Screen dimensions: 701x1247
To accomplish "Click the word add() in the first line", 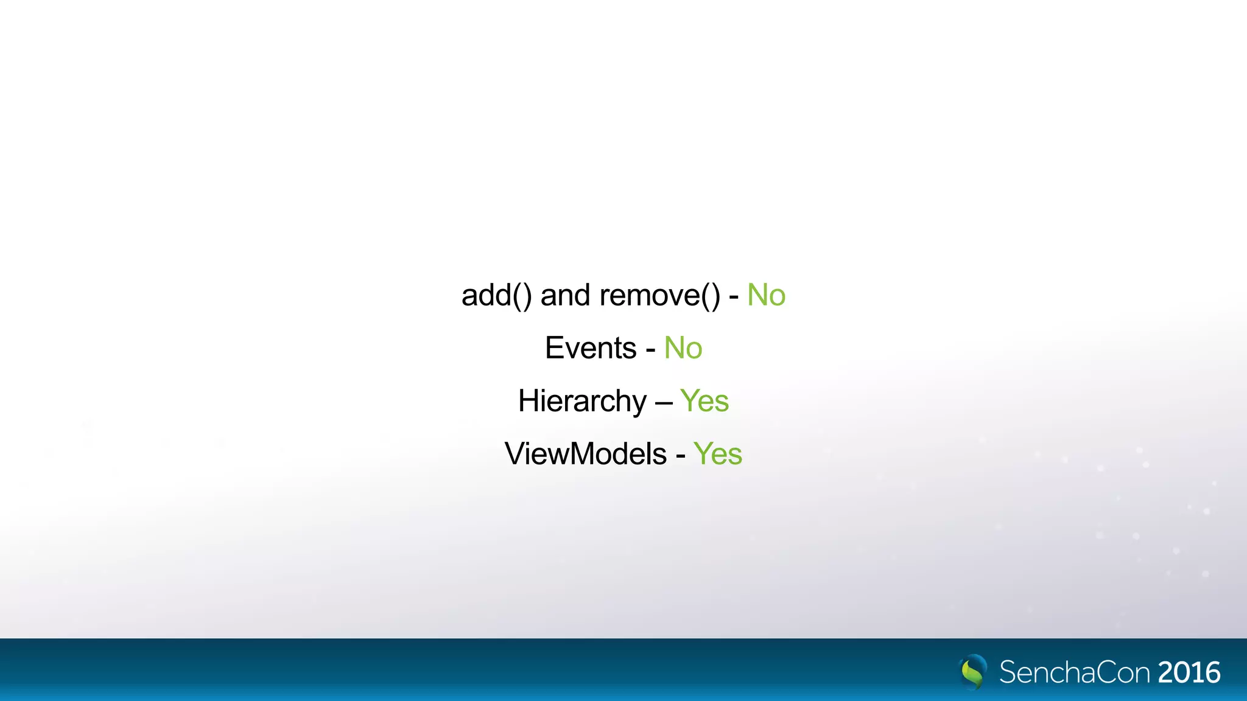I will (x=496, y=296).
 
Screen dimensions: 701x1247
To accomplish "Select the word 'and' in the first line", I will (x=565, y=296).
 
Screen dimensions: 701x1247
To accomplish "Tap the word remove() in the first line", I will (x=659, y=296).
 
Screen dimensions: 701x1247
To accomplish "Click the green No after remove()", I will (x=766, y=296).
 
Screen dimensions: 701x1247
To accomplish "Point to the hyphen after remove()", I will (x=734, y=298).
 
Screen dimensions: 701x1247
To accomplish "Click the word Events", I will (x=591, y=349).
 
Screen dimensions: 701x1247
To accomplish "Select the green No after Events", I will (x=683, y=349).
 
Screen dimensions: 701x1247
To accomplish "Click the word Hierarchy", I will (x=582, y=402).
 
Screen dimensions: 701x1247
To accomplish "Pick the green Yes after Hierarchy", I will (x=704, y=402).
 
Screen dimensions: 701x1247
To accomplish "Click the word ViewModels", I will (x=586, y=455).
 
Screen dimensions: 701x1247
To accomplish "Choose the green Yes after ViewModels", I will (x=718, y=455).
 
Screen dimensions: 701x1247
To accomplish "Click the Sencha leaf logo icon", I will (x=973, y=672).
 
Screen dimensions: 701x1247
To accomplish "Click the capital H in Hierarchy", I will (x=527, y=402).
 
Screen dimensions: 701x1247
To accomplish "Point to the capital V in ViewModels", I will (x=515, y=455).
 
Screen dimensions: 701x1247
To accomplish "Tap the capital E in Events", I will (x=553, y=349).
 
